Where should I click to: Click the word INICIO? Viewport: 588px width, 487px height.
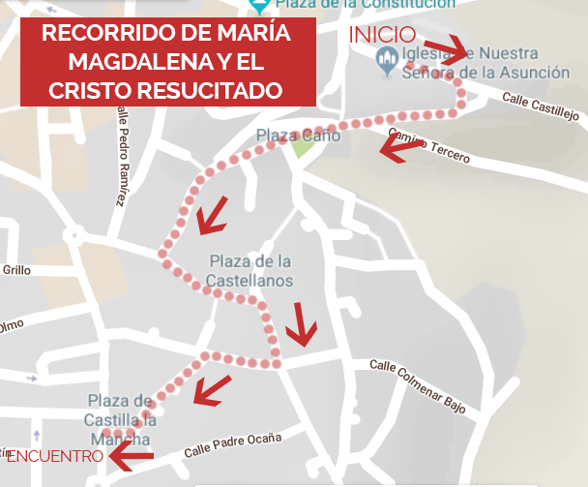coord(382,35)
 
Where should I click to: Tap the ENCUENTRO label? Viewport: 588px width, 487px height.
coord(54,455)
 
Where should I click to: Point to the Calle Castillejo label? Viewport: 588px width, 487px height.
coord(540,107)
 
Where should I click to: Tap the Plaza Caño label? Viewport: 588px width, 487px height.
coord(298,136)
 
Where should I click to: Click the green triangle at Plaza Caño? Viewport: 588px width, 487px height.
coord(304,148)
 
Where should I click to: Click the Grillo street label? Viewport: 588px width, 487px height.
coord(17,270)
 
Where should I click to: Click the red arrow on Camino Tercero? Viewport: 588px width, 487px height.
coord(398,147)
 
